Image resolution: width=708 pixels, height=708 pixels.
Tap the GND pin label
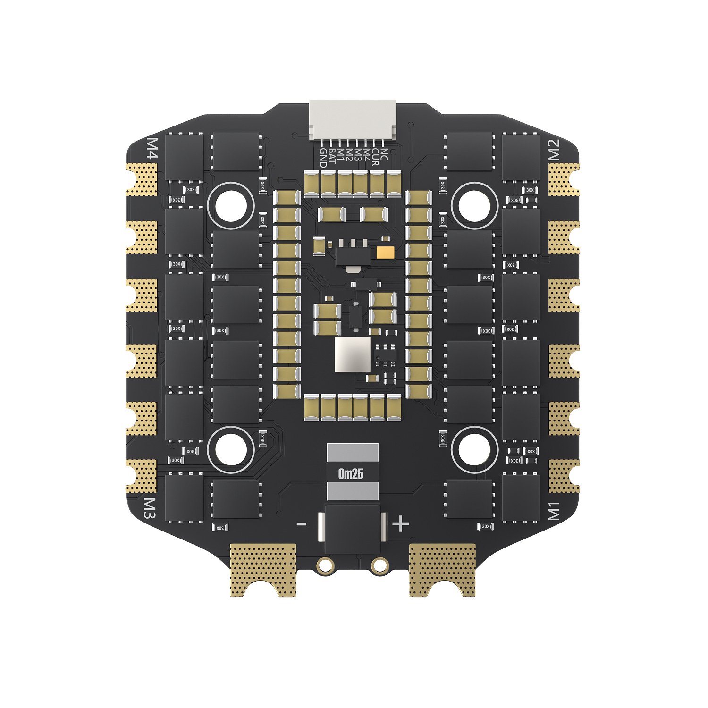tap(323, 158)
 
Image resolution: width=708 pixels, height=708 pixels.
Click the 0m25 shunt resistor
tap(352, 472)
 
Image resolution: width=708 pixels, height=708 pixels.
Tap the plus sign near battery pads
tap(401, 524)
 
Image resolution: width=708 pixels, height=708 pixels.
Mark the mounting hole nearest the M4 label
tap(231, 205)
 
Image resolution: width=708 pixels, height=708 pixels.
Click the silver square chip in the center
tap(353, 354)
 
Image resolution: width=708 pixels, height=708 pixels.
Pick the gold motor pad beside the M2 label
tap(563, 179)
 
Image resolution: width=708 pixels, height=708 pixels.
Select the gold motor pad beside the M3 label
tap(142, 476)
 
